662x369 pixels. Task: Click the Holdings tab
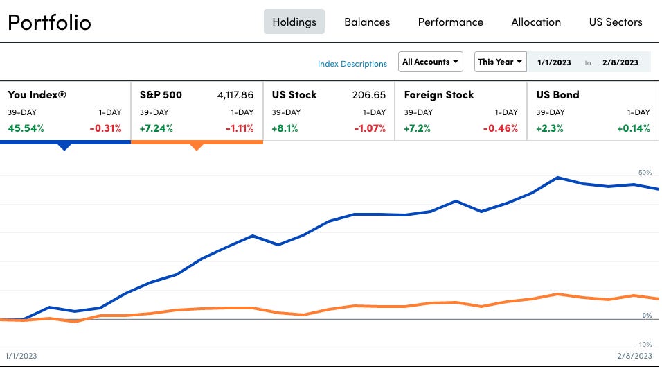[x=294, y=22]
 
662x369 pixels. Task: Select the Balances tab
[x=367, y=22]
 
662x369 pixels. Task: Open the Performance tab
[x=451, y=22]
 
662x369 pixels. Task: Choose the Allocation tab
[x=536, y=22]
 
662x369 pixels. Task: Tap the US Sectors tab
[x=616, y=22]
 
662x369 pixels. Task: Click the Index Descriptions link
[x=352, y=64]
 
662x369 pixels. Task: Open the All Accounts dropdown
[x=431, y=62]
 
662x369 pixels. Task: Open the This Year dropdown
[x=500, y=62]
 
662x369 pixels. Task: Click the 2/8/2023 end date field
[x=620, y=62]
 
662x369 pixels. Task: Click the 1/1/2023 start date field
[x=554, y=62]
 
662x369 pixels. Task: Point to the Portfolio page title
[x=49, y=22]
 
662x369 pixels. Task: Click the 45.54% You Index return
[x=26, y=128]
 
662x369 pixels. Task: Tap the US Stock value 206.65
[x=369, y=95]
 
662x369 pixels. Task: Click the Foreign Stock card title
[x=439, y=95]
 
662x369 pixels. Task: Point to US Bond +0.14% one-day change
[x=634, y=128]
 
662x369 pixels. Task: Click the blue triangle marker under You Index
[x=64, y=146]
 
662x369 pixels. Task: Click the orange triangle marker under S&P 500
[x=196, y=146]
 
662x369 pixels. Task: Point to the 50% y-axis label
[x=645, y=172]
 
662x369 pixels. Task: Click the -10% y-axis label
[x=644, y=345]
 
